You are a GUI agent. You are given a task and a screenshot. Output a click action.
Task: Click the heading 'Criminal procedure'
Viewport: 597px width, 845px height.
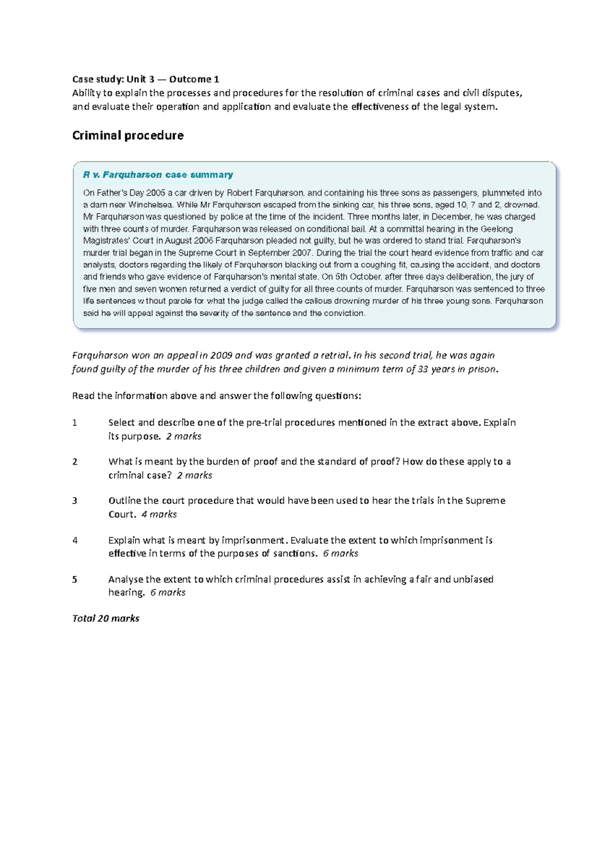coord(128,135)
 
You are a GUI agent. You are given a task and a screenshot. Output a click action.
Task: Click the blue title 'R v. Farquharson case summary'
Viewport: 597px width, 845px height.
coord(158,175)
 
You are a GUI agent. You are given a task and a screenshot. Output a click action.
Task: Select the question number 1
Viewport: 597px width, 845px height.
coord(75,422)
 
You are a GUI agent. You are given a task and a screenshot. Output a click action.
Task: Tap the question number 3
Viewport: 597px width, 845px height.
coord(75,501)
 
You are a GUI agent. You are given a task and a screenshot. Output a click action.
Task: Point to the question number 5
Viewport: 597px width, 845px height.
coord(75,579)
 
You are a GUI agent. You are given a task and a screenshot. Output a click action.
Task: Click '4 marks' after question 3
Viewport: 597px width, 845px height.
coord(159,514)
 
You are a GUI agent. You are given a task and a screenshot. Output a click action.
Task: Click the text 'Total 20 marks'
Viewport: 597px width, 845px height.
coord(105,618)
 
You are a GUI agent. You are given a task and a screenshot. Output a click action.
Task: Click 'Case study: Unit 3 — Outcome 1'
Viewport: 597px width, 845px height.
coord(145,79)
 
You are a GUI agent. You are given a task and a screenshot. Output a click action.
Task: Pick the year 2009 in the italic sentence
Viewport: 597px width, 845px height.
coord(221,355)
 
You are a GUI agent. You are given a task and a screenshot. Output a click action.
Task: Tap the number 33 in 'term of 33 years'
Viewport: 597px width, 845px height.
coord(423,369)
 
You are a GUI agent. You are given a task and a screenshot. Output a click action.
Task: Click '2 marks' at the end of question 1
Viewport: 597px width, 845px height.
coord(184,436)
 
